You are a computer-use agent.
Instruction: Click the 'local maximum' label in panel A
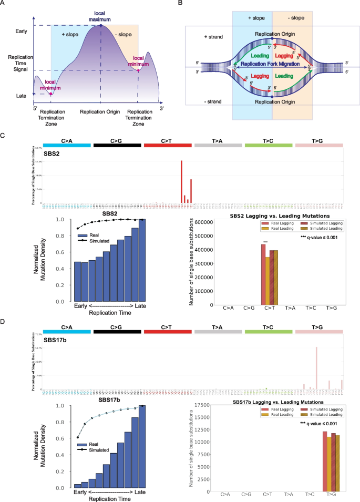[x=100, y=16]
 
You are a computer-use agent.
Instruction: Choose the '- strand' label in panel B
[x=214, y=101]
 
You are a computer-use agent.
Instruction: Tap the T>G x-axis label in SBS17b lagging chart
[x=331, y=494]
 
